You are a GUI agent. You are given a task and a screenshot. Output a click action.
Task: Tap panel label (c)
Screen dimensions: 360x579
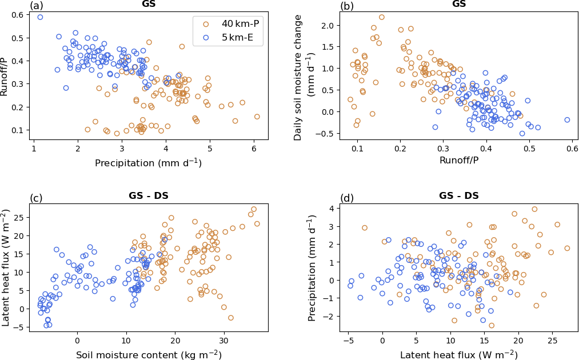pos(37,198)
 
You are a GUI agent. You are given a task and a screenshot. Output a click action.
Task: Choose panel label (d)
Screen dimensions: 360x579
pos(347,198)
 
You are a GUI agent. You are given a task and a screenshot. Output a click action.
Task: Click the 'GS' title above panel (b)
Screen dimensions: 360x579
pos(459,4)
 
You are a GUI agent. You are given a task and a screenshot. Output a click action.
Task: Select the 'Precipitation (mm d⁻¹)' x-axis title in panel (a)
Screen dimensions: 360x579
pos(148,163)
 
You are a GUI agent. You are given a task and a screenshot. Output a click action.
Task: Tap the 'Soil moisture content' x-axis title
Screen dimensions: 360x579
pos(149,355)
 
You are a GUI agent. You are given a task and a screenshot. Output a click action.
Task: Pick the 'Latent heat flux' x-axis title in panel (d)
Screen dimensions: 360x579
pos(459,355)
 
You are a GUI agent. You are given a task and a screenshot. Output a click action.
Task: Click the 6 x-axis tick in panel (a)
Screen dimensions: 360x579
pos(254,149)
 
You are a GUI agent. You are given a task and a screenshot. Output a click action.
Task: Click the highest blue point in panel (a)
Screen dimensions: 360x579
pos(40,17)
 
